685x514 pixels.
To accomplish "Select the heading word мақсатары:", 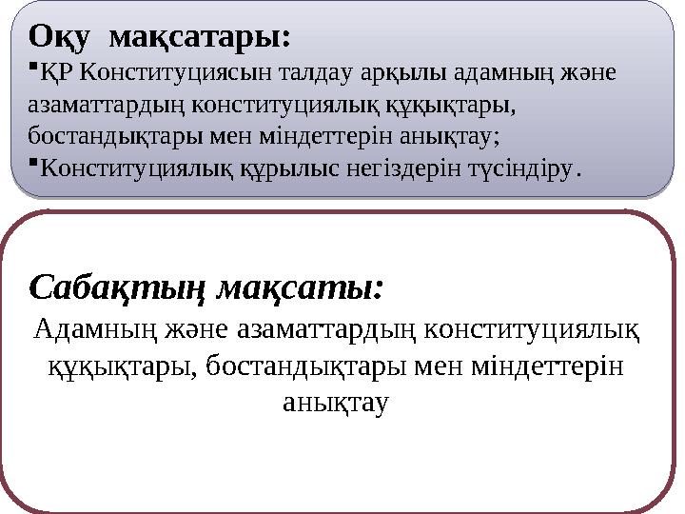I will [x=201, y=37].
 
